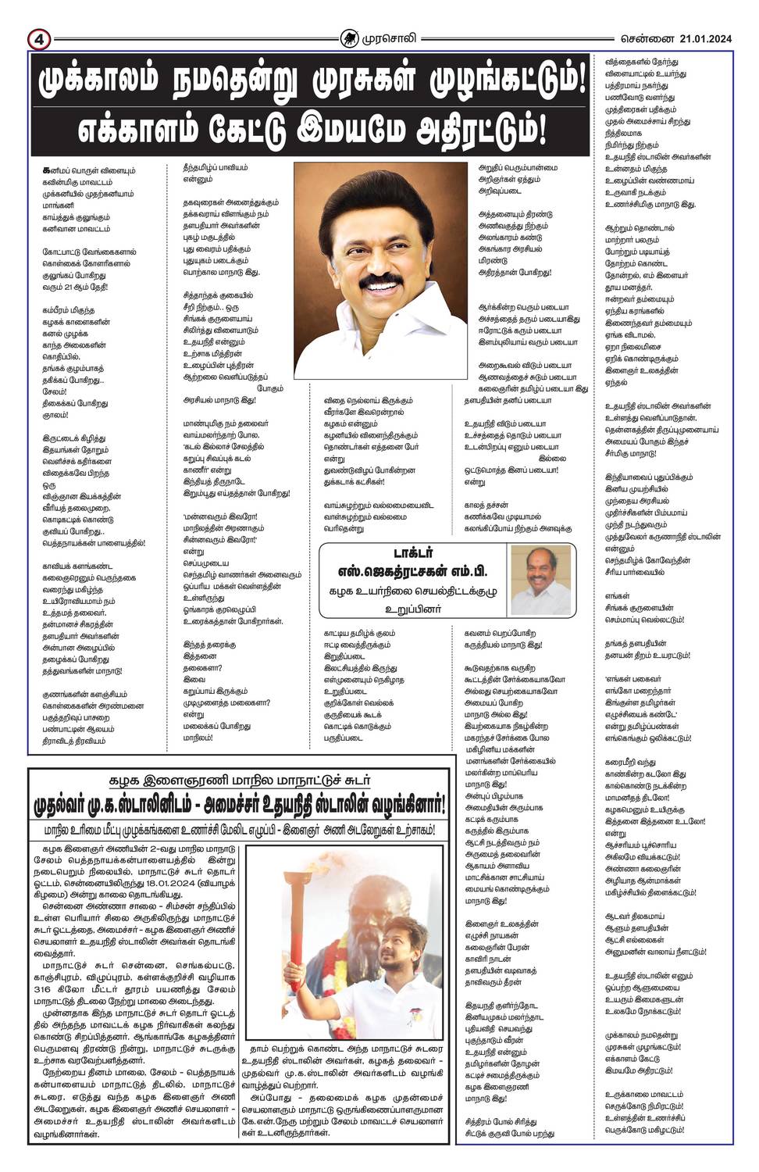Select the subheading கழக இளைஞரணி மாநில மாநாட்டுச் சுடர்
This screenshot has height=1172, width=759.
point(239,780)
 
